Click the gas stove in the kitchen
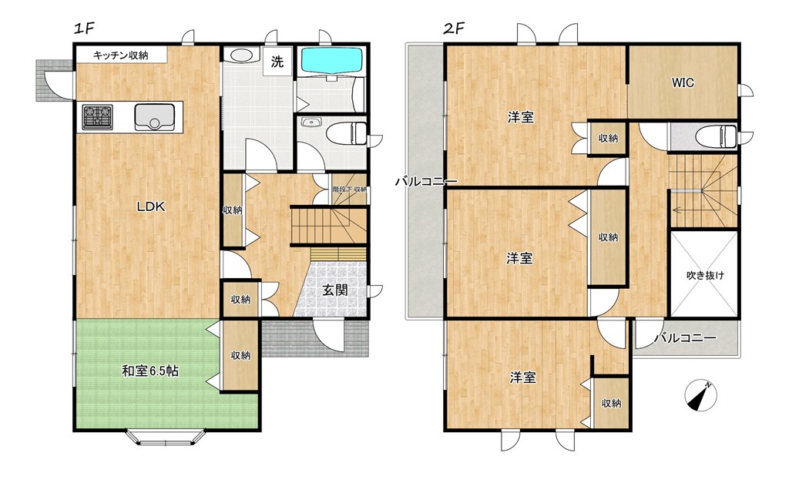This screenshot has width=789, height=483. tap(98, 117)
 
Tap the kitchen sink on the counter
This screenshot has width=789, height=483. tap(154, 117)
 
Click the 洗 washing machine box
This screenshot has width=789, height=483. tap(277, 62)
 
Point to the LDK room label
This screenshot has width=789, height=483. tap(152, 206)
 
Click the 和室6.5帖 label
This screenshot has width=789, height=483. tap(150, 371)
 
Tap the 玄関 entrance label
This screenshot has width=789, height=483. tap(334, 290)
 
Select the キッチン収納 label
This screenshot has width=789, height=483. tap(121, 55)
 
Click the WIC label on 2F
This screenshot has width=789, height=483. tap(683, 82)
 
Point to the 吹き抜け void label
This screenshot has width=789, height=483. tap(706, 275)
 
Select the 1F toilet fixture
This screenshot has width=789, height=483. tap(347, 134)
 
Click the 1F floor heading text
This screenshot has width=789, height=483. tap(84, 29)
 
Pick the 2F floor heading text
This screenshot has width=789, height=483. tap(453, 29)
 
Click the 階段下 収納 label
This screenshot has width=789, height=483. tap(349, 190)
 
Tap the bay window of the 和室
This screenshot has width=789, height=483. tap(165, 438)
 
